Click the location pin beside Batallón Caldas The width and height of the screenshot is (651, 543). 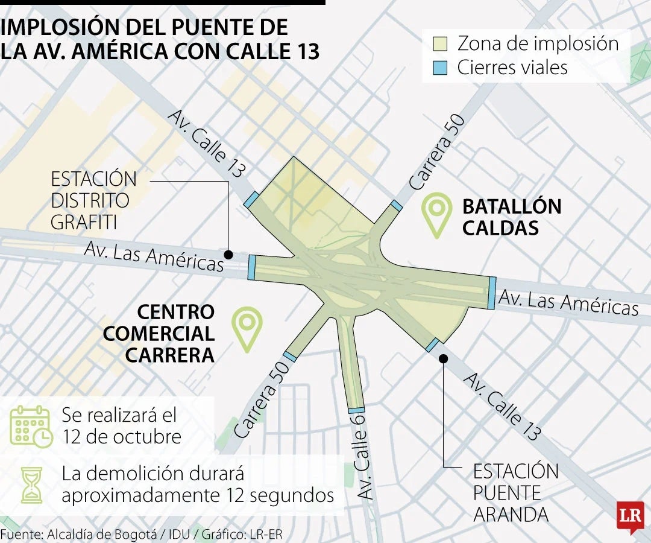(437, 212)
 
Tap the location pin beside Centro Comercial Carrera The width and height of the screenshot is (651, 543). (248, 327)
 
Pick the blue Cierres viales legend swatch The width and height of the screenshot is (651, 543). (440, 68)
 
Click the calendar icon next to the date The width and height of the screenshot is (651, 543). (31, 426)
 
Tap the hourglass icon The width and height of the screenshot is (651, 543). (31, 484)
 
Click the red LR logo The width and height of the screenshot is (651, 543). (630, 516)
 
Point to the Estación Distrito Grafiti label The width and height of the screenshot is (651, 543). (93, 200)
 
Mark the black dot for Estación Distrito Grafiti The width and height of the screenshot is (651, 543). (228, 255)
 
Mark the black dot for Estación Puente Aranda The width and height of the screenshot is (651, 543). (443, 358)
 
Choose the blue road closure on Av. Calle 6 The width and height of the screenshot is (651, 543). (356, 410)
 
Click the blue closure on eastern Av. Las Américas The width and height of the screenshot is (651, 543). (492, 293)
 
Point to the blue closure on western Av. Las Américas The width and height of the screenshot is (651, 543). (251, 267)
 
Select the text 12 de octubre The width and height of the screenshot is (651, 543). (121, 436)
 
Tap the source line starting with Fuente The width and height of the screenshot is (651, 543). (141, 534)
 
